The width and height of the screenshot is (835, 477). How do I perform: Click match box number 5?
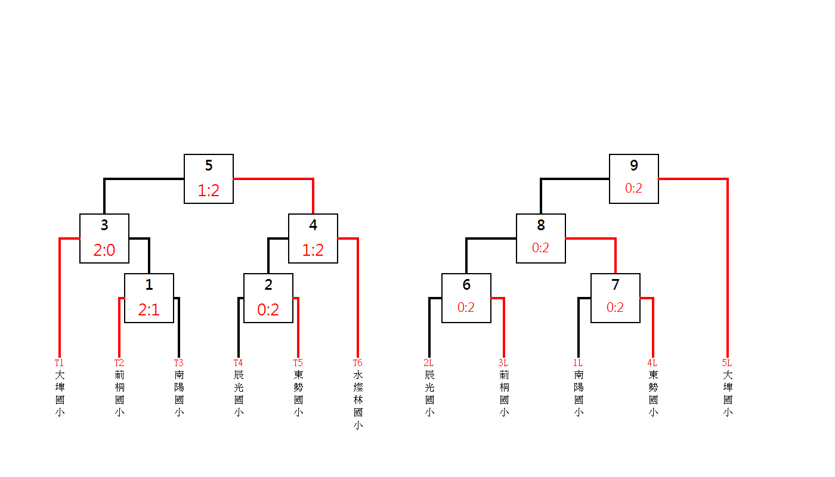[x=209, y=179]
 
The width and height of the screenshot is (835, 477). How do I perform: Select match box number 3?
[x=104, y=238]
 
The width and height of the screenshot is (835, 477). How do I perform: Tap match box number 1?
[x=149, y=298]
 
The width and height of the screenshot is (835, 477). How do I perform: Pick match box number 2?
[x=268, y=298]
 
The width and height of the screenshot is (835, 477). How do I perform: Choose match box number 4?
[x=313, y=238]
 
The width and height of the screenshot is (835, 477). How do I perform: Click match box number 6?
[x=466, y=298]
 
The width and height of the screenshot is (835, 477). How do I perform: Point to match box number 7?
[x=616, y=298]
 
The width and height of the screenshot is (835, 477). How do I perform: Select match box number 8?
[x=541, y=238]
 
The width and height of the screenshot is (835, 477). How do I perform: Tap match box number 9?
[x=634, y=179]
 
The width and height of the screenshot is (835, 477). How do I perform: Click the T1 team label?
[x=59, y=363]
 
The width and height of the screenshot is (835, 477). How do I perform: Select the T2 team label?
[x=119, y=363]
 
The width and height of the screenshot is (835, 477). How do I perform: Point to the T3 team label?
[x=178, y=363]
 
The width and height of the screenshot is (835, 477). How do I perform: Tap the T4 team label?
[x=238, y=363]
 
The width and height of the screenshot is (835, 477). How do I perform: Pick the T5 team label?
[x=298, y=363]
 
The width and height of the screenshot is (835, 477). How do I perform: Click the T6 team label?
[x=357, y=363]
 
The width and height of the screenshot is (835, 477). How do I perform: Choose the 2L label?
[x=428, y=363]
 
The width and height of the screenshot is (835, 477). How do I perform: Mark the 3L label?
[x=503, y=363]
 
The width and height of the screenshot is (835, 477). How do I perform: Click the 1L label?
[x=577, y=363]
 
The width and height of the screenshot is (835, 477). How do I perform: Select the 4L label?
[x=652, y=363]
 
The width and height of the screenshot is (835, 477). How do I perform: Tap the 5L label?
[x=726, y=363]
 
